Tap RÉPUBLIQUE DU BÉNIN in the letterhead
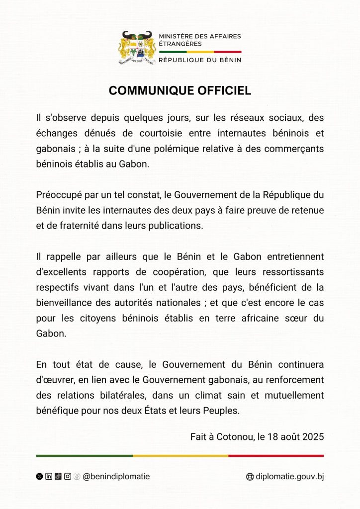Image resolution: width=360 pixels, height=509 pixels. click(200, 60)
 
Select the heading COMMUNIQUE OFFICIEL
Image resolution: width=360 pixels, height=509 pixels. click(180, 90)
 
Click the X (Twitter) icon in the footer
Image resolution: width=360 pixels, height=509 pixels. click(39, 476)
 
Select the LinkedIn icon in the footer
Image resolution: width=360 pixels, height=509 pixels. click(49, 476)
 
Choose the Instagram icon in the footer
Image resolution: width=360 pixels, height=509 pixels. click(67, 476)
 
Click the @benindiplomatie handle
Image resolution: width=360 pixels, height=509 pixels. click(116, 476)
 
